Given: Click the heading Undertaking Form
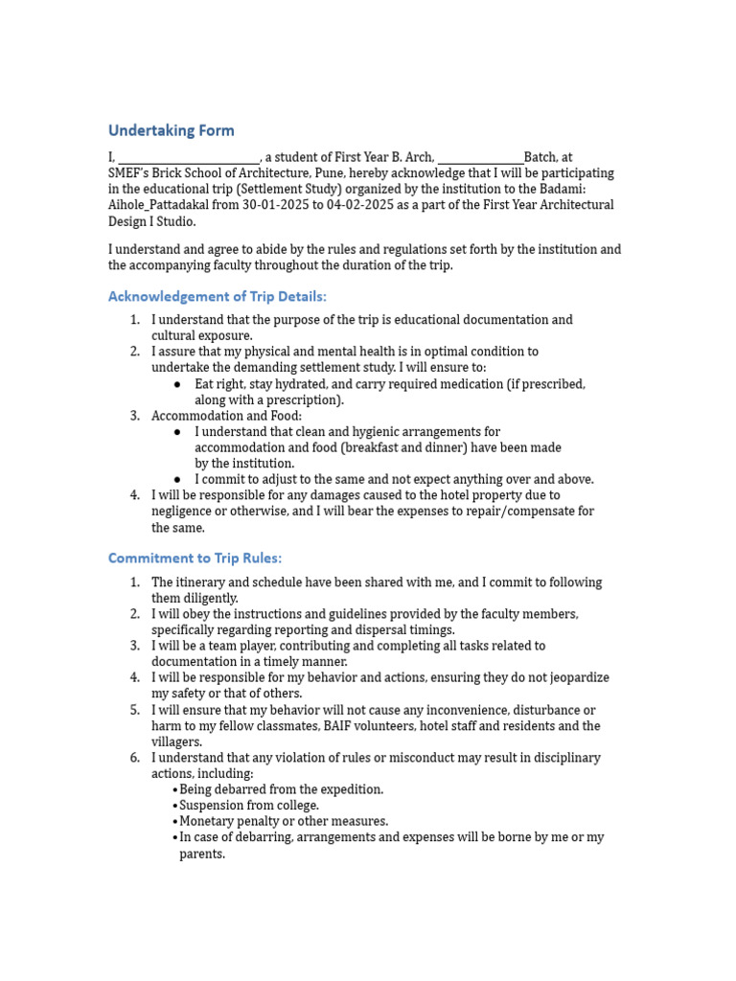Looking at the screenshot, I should pyautogui.click(x=171, y=130).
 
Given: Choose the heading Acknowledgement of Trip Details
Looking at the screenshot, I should pyautogui.click(x=218, y=296).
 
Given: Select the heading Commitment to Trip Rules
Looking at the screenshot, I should pyautogui.click(x=195, y=558).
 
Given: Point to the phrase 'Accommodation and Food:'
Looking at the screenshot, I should pyautogui.click(x=226, y=416).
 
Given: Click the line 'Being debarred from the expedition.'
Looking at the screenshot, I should pyautogui.click(x=281, y=789).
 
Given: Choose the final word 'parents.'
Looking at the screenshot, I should pyautogui.click(x=202, y=854).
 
